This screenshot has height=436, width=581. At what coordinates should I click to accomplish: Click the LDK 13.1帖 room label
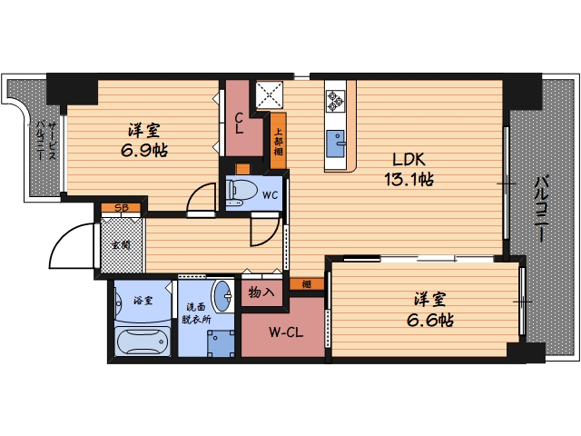pyautogui.click(x=409, y=170)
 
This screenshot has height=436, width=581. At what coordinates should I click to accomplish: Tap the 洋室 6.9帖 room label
pyautogui.click(x=144, y=141)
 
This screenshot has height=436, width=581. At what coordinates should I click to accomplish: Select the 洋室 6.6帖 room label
pyautogui.click(x=430, y=310)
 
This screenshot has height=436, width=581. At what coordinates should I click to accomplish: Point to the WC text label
pyautogui.click(x=271, y=194)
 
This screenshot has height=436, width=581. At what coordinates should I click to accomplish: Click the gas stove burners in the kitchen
pyautogui.click(x=335, y=101)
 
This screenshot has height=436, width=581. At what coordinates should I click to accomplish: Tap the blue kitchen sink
pyautogui.click(x=336, y=144)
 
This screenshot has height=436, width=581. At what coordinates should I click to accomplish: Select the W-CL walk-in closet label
pyautogui.click(x=286, y=332)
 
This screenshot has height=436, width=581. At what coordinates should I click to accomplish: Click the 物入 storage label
pyautogui.click(x=261, y=292)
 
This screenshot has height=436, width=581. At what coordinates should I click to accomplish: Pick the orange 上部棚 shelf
pyautogui.click(x=279, y=141)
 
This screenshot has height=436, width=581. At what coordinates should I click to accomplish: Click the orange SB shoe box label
pyautogui.click(x=121, y=208)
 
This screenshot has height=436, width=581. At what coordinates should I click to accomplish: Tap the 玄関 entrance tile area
pyautogui.click(x=122, y=245)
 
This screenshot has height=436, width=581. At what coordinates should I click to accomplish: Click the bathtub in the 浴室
pyautogui.click(x=143, y=342)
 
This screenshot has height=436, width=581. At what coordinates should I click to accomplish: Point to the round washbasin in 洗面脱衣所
pyautogui.click(x=222, y=296)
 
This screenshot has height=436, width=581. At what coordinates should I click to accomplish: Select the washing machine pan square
pyautogui.click(x=221, y=343)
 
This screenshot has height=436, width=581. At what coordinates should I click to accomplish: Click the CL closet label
pyautogui.click(x=240, y=124)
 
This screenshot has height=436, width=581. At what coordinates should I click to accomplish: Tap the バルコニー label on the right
pyautogui.click(x=542, y=209)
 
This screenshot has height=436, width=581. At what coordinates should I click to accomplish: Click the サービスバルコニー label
pyautogui.click(x=45, y=140)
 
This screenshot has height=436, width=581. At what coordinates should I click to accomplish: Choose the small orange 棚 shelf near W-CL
pyautogui.click(x=307, y=284)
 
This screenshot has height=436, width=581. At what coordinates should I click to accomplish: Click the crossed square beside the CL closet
pyautogui.click(x=270, y=94)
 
